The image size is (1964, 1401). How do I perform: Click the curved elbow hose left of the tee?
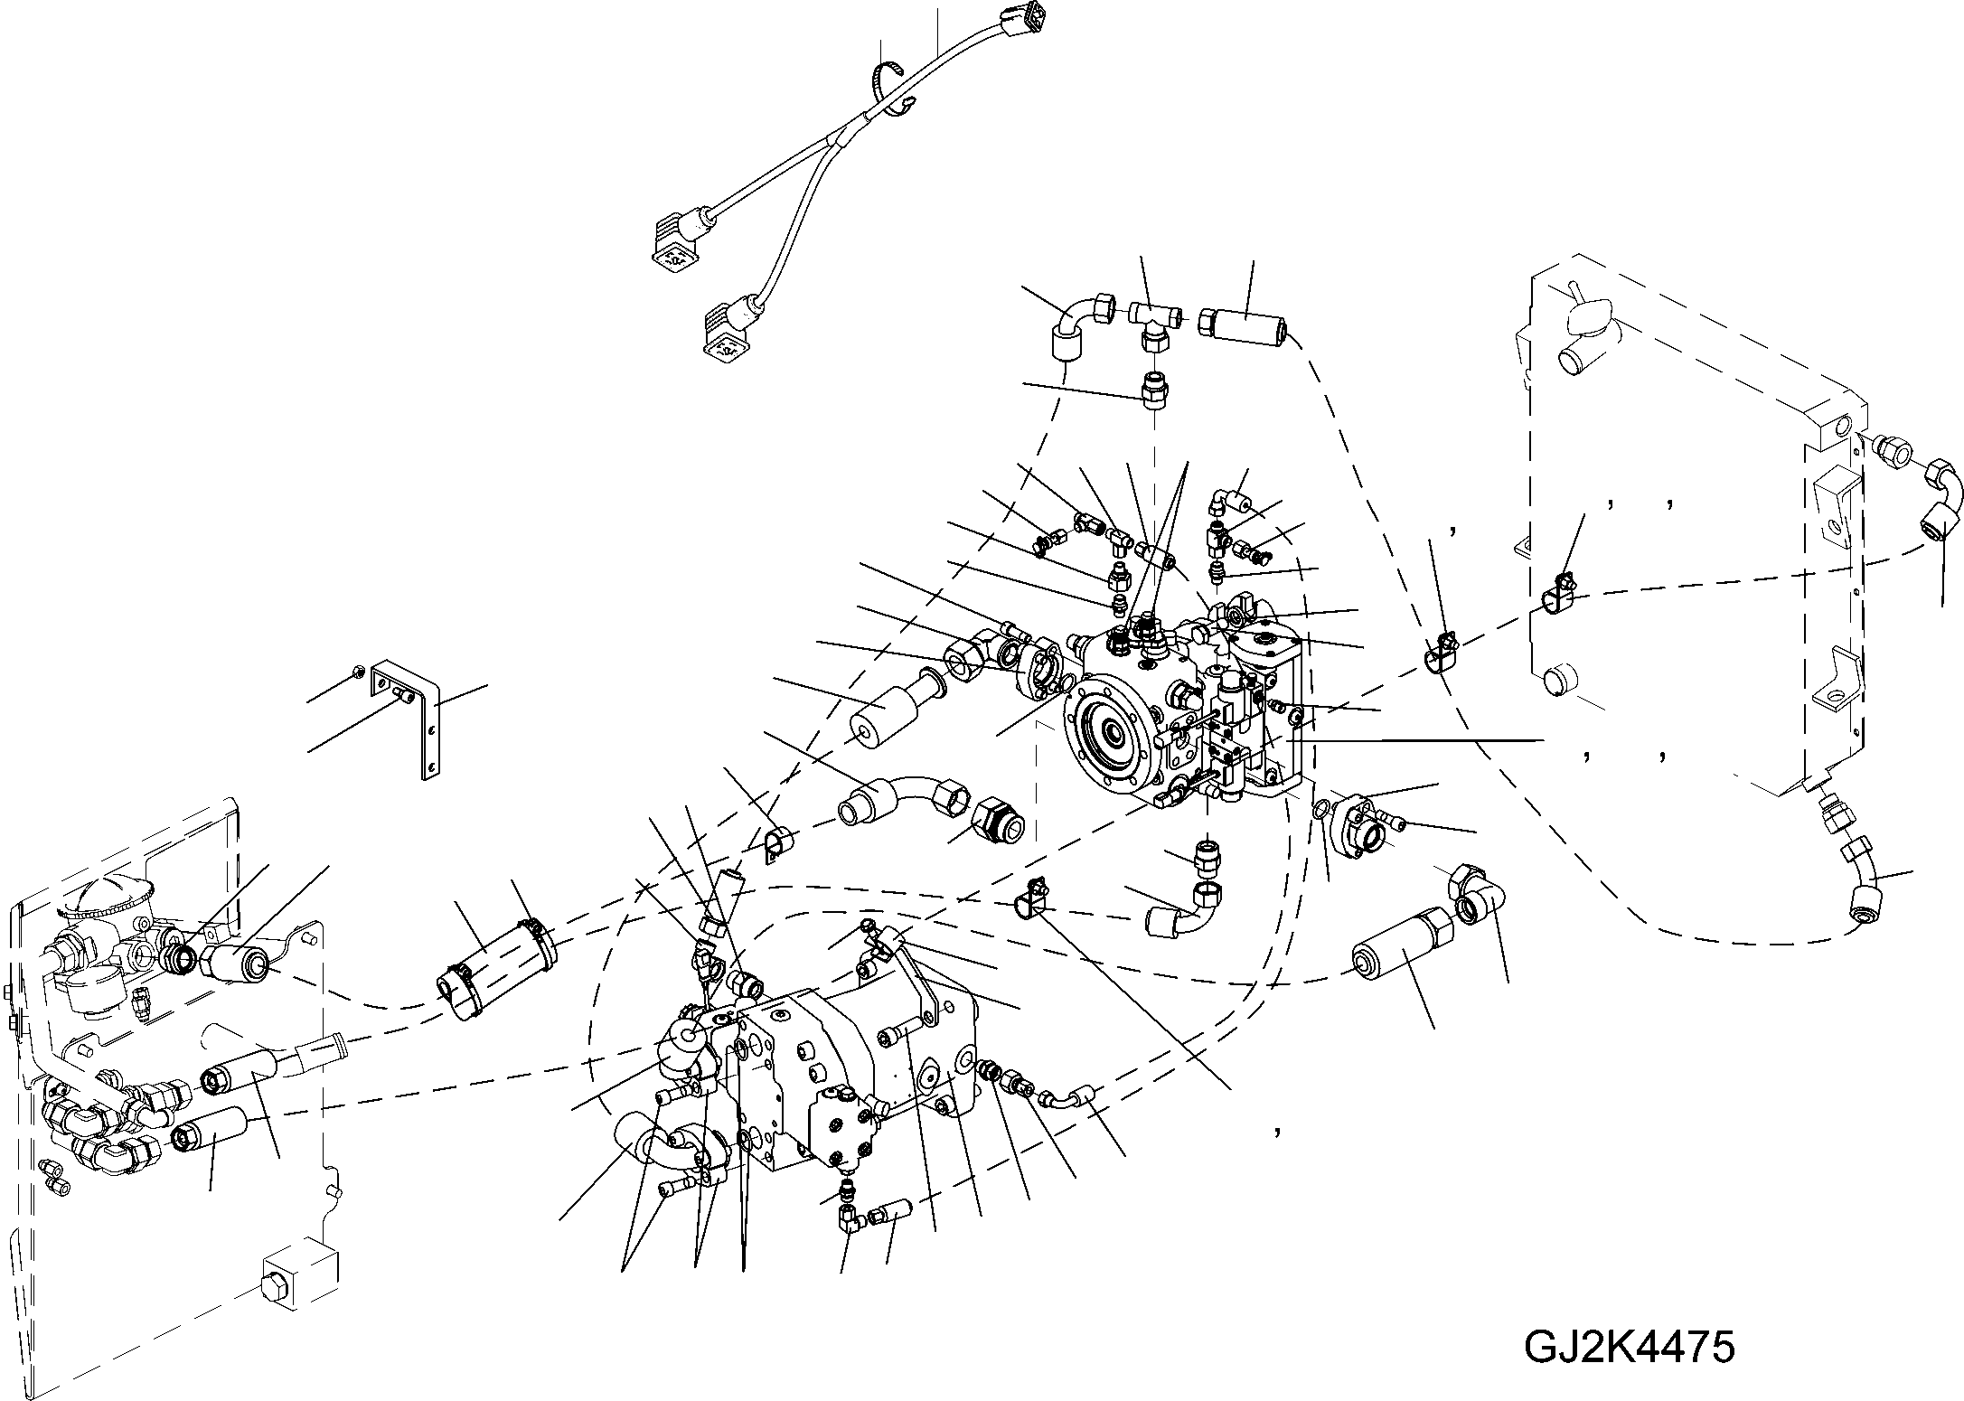click(1074, 330)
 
